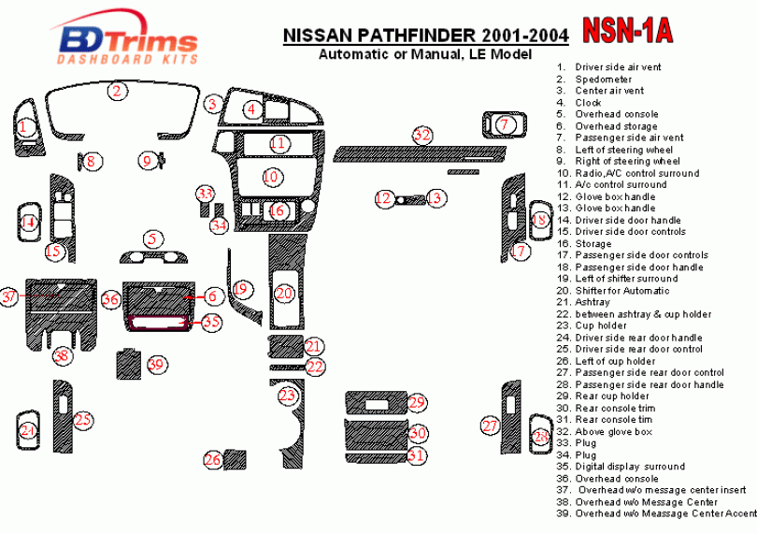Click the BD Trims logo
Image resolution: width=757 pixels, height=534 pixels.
(x=129, y=41)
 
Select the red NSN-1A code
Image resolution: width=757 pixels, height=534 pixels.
(x=627, y=31)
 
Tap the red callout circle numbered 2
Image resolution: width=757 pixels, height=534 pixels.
(x=116, y=91)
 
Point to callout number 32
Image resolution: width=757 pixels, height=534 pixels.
(x=423, y=136)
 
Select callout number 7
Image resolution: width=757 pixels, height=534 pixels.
(x=505, y=124)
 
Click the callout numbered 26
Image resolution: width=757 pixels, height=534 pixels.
(x=213, y=459)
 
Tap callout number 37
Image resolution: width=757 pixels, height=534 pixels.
(x=9, y=296)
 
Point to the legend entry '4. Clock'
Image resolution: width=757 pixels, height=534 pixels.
(x=588, y=103)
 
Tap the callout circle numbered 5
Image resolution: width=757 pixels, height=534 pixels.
(x=150, y=239)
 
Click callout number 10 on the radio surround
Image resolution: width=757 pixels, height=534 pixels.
(x=271, y=176)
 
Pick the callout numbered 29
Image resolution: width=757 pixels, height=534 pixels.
(x=417, y=402)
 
